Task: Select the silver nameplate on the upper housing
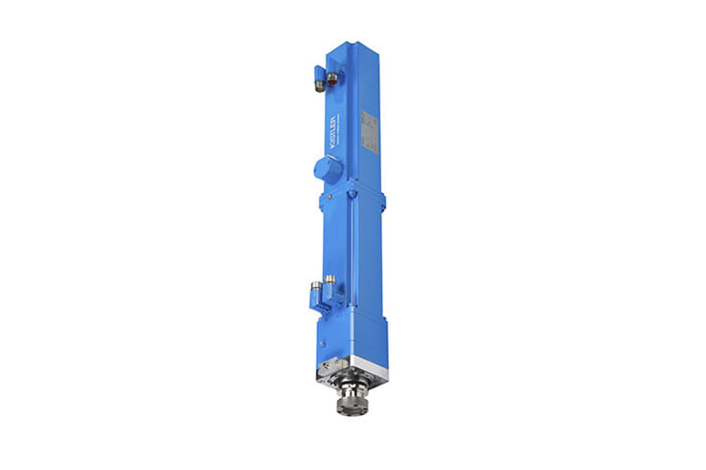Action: (x=371, y=131)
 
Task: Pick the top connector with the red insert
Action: (x=332, y=78)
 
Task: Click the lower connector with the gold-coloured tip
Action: (x=329, y=282)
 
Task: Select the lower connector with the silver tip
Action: (x=315, y=286)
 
